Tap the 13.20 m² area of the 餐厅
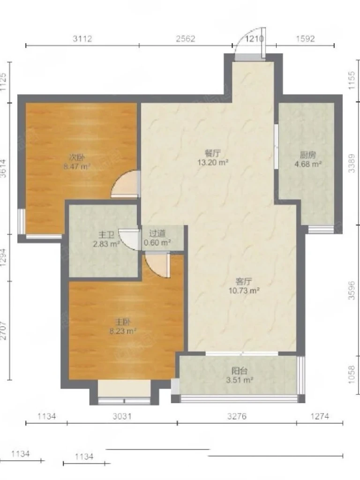[213, 162]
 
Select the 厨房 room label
[308, 155]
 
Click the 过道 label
[157, 234]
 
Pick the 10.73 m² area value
[244, 291]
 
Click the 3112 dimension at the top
[82, 38]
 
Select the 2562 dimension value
[186, 38]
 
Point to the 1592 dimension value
[305, 38]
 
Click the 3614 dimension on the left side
[3, 168]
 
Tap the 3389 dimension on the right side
[352, 163]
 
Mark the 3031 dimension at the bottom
[122, 416]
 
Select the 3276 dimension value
[237, 416]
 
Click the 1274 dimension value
[320, 416]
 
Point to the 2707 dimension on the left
[3, 330]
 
